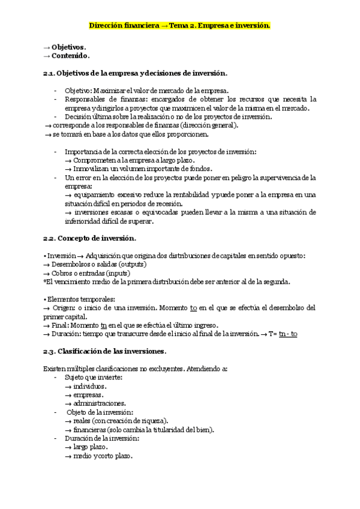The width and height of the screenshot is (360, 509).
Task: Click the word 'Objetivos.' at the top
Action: (x=68, y=47)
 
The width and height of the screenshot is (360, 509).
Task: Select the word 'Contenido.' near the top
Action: (x=70, y=56)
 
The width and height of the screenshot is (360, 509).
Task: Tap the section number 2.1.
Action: (x=49, y=73)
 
